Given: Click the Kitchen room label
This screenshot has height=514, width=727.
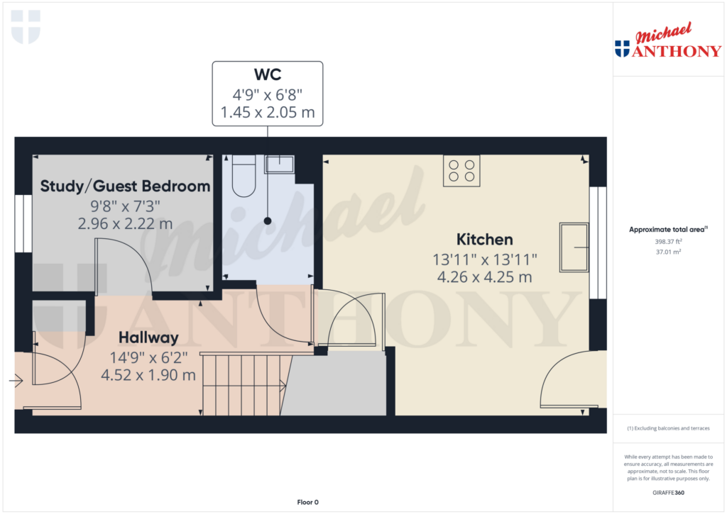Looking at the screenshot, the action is [x=484, y=240].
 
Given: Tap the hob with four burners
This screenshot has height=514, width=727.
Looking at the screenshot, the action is [x=461, y=171].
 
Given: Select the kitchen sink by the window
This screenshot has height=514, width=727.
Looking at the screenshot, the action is [x=574, y=247].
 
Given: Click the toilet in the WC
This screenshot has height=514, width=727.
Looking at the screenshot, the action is [x=244, y=176].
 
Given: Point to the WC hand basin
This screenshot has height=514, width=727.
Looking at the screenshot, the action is [x=279, y=164].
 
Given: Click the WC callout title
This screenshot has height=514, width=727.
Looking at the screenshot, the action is [x=268, y=74].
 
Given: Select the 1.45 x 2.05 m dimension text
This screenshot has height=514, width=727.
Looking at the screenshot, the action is [x=268, y=113].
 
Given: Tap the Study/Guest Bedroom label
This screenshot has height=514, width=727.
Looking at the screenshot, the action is [x=125, y=186].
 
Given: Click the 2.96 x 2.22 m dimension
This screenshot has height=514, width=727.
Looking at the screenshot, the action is [x=125, y=224].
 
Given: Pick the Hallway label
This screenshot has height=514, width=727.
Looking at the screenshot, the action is [x=148, y=337].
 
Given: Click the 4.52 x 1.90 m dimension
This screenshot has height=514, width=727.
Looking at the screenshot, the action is [x=148, y=375].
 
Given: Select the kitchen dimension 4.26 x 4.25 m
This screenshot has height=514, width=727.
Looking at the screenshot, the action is [x=484, y=277].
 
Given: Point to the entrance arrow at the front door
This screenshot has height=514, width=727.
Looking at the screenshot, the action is [x=16, y=381].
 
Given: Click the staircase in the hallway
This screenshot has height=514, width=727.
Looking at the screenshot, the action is [x=244, y=385].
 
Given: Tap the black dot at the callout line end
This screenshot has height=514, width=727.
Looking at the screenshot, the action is [x=268, y=221].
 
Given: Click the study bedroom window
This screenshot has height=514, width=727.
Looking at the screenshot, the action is [x=23, y=223].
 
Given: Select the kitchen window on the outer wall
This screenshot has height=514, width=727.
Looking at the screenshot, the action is [x=598, y=242].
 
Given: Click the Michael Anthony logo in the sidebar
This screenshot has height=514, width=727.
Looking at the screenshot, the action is [x=668, y=40].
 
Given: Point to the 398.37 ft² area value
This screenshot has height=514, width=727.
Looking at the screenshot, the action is [x=668, y=242].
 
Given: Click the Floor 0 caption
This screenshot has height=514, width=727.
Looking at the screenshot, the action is [x=308, y=503].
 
